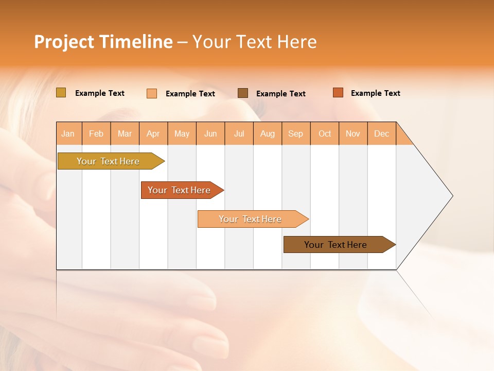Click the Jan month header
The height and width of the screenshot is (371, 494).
(68, 133)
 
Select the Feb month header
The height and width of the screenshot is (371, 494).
(96, 133)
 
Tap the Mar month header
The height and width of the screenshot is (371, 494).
(125, 133)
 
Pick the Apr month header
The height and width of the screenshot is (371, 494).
(153, 133)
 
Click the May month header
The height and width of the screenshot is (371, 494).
(182, 133)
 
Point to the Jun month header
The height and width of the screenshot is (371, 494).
(210, 133)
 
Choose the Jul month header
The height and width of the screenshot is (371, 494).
(239, 133)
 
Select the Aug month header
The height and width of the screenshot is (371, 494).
(268, 133)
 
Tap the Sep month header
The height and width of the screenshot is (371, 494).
(296, 133)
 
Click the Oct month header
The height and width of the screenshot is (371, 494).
(325, 133)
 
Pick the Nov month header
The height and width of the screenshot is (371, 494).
(353, 133)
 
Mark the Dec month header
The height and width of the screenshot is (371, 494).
(382, 133)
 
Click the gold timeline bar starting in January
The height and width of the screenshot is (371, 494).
(109, 161)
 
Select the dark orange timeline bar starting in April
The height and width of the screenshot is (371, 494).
(180, 190)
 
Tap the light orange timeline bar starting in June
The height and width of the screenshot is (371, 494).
(251, 219)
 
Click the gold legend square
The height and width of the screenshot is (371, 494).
(61, 93)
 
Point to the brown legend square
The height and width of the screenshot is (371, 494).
(243, 93)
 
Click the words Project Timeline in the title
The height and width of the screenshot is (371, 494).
(103, 42)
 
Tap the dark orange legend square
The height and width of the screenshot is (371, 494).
(338, 93)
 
